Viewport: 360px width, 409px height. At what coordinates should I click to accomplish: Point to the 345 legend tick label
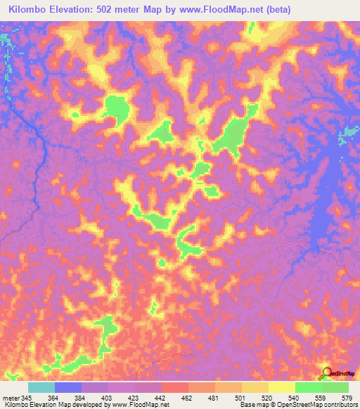27,398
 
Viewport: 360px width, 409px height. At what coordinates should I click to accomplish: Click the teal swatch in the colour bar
41,387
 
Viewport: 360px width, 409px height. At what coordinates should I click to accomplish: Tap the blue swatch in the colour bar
68,387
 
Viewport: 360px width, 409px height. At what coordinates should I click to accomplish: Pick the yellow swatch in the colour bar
281,387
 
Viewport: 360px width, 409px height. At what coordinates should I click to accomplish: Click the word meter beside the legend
10,398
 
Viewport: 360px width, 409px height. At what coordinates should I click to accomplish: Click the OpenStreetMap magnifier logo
326,373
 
